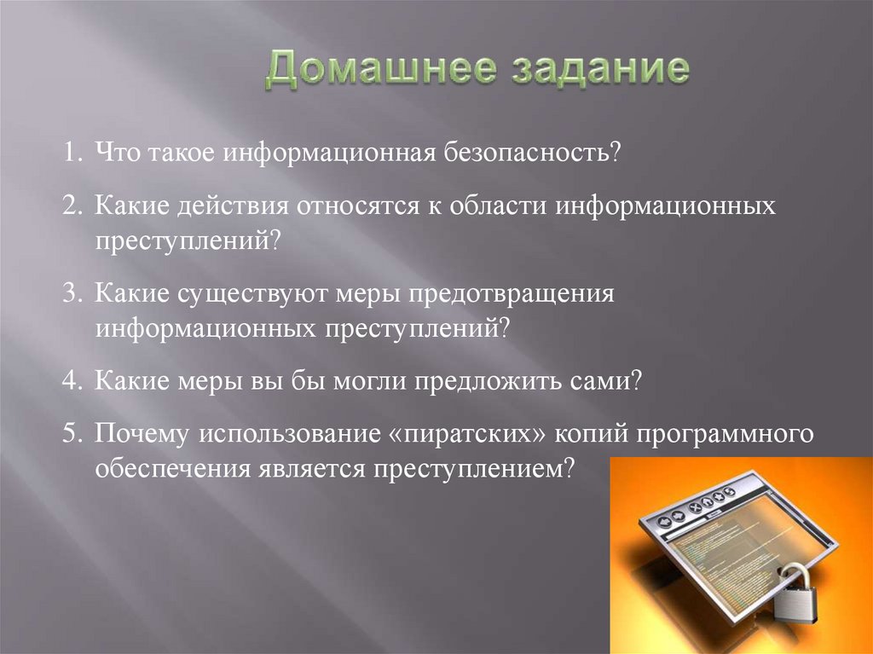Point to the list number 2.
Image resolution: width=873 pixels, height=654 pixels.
(72, 208)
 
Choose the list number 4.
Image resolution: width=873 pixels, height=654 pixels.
(72, 380)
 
